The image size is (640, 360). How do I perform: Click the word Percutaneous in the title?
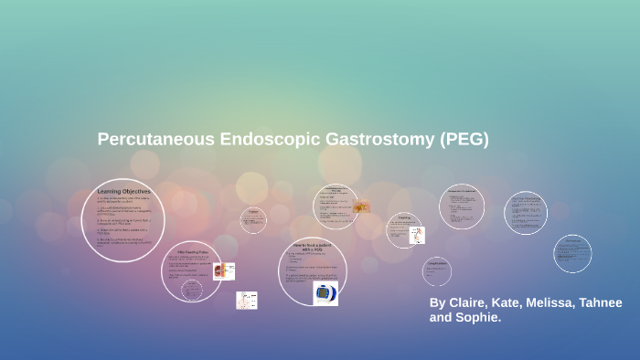(x=156, y=140)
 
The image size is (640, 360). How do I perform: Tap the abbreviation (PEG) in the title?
(x=464, y=140)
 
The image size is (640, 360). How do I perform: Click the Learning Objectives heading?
(x=123, y=192)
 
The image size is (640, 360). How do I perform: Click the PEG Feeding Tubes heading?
(x=191, y=251)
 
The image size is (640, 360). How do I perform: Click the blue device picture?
(x=325, y=293)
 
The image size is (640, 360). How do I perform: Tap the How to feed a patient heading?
(x=312, y=247)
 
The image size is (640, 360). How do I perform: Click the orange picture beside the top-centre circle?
(x=362, y=207)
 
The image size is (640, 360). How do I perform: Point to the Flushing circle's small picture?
(x=418, y=235)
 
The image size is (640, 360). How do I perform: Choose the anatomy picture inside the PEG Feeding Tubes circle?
(x=219, y=270)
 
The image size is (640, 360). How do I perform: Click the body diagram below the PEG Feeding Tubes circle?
(x=247, y=300)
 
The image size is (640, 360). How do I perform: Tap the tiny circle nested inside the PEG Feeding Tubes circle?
(x=191, y=290)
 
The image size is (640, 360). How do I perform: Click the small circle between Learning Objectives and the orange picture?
(x=253, y=219)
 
